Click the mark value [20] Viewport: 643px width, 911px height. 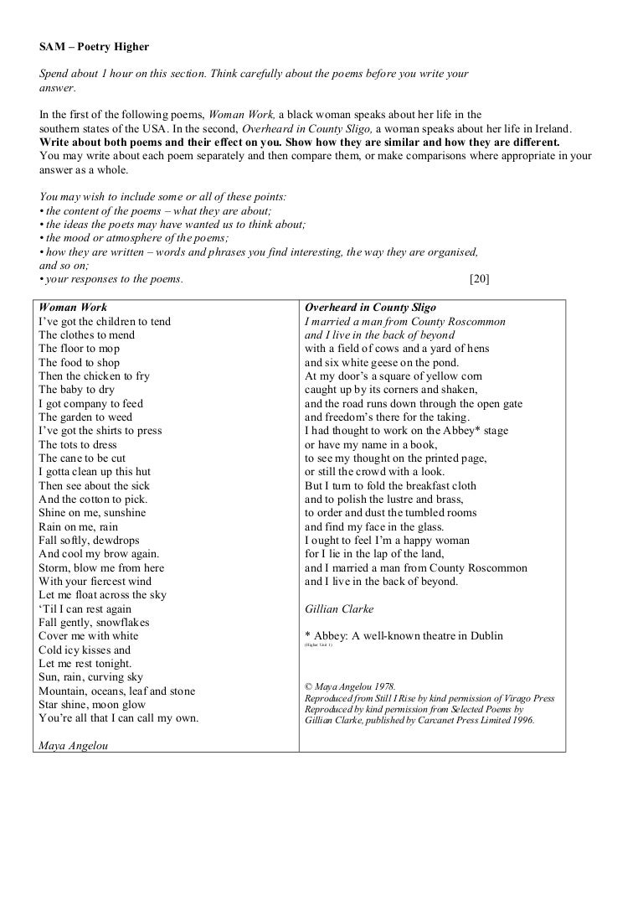pos(480,279)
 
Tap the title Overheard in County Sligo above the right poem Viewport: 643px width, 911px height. pos(370,308)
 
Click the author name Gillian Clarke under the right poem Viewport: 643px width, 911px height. pos(339,608)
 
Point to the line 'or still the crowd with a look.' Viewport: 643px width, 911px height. pos(376,472)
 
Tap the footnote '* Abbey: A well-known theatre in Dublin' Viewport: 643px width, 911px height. pos(404,636)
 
